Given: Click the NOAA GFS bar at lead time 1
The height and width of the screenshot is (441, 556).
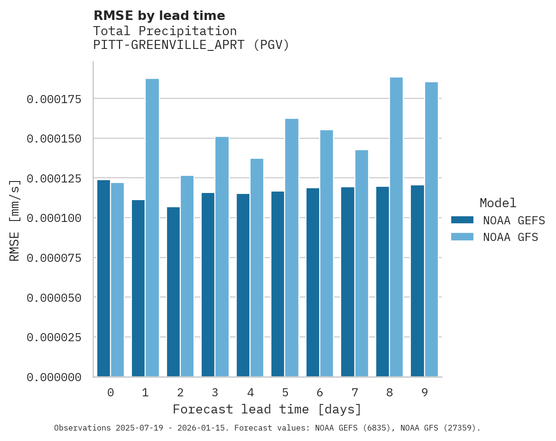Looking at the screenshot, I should [x=152, y=228].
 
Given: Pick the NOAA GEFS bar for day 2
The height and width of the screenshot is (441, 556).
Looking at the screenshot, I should [x=173, y=292].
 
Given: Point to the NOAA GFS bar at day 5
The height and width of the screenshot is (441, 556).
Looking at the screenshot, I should [x=292, y=248].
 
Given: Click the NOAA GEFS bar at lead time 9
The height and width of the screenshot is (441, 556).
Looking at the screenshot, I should [x=417, y=281].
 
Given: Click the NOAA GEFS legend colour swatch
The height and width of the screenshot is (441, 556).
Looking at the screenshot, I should [x=462, y=220].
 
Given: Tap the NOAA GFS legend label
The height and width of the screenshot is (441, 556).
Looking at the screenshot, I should [x=510, y=237].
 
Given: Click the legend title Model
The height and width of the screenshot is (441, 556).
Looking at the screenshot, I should [x=498, y=203].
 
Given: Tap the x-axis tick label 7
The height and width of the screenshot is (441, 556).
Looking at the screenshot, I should [x=355, y=393].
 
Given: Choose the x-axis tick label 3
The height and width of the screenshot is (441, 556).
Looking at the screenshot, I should [x=215, y=393].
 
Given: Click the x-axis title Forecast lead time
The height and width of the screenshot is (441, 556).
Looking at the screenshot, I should [x=267, y=409].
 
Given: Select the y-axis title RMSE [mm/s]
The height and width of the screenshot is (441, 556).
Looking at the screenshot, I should [x=15, y=220].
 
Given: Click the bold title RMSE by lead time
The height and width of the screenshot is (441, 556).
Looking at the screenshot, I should [x=159, y=16].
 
